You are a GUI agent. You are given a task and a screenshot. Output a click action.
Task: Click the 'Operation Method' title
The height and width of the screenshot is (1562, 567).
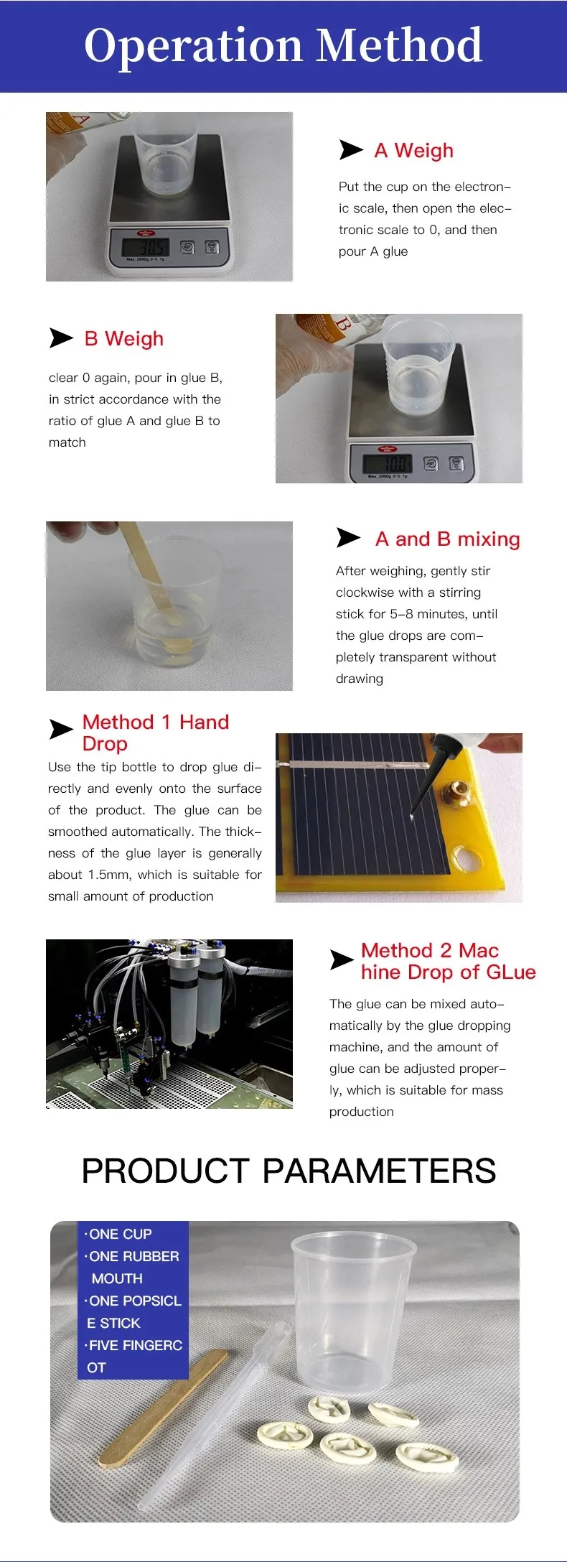pos(283,45)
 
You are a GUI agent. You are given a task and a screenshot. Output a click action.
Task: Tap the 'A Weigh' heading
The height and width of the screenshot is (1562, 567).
pos(414,151)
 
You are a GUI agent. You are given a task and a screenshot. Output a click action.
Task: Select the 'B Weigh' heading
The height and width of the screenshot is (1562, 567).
pos(124,339)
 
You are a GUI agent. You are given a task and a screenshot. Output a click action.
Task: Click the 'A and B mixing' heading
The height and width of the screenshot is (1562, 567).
pos(448,539)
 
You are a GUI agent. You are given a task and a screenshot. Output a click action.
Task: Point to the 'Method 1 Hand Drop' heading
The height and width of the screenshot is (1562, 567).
pos(156,733)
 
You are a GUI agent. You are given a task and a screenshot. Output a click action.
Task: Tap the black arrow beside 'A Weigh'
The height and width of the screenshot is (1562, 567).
pos(351,150)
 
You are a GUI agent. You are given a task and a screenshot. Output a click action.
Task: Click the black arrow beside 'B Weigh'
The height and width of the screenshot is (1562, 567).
pos(61,338)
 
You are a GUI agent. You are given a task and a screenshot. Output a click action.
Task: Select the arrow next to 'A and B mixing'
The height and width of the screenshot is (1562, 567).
pos(348,537)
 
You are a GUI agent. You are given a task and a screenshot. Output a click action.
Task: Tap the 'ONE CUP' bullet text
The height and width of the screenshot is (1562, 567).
pos(118,1234)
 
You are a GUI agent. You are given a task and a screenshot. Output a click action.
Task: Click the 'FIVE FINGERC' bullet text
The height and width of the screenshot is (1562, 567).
pos(133,1345)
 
